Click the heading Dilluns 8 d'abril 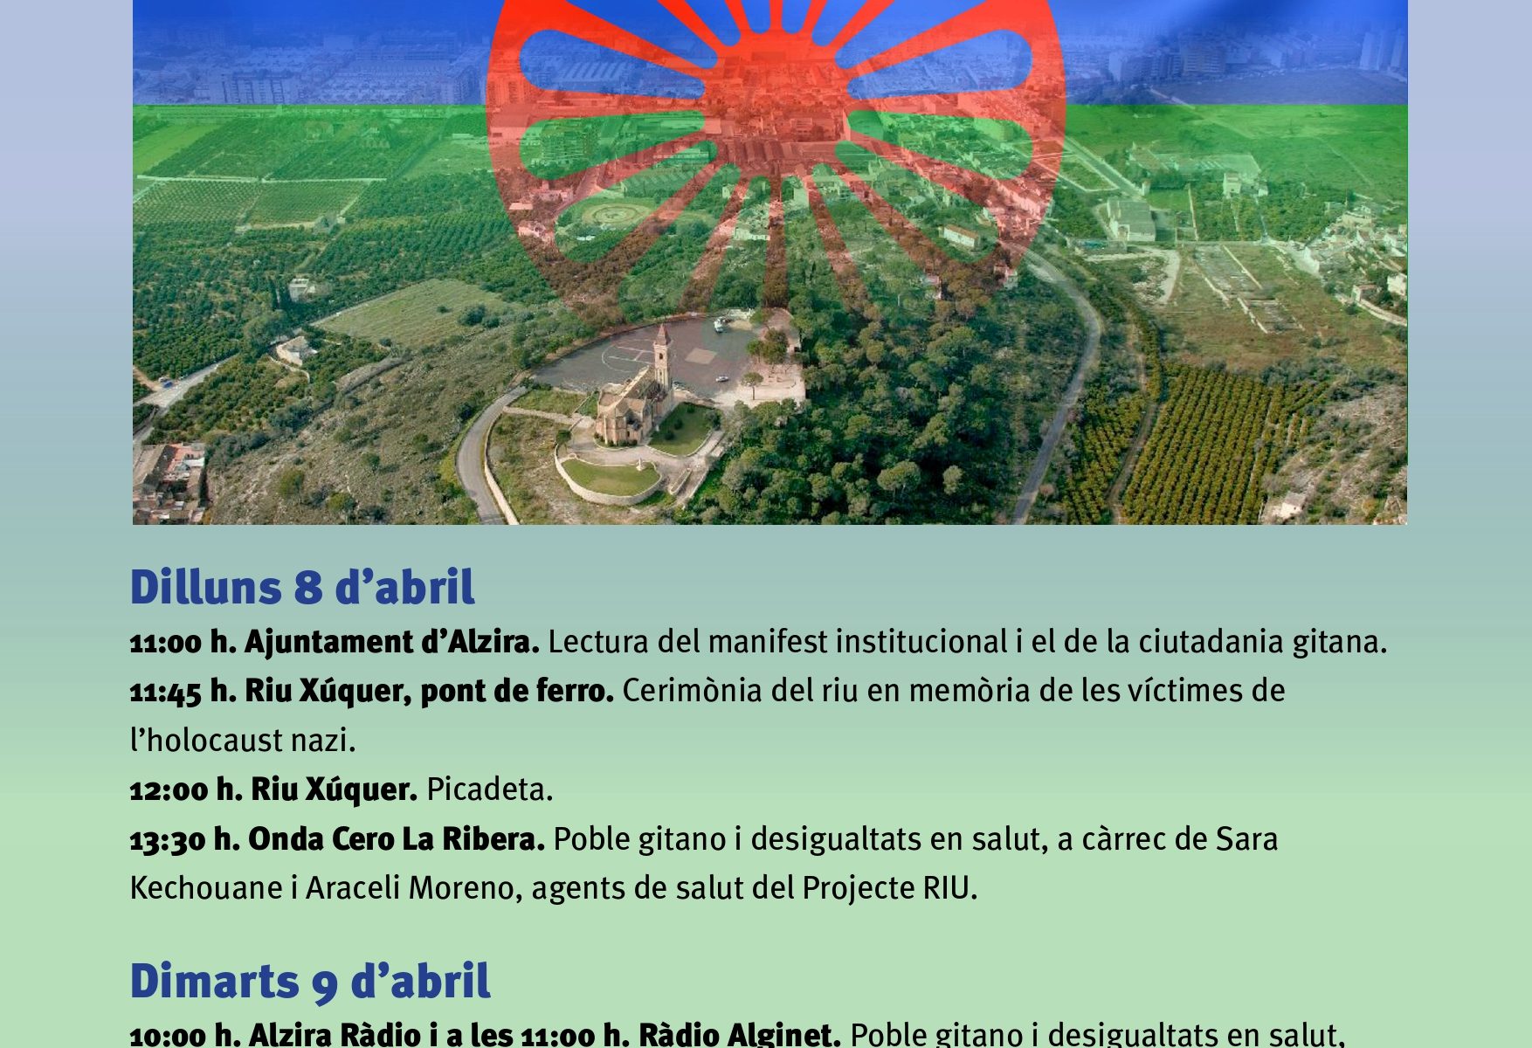[x=302, y=587]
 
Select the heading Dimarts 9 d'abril [x=310, y=981]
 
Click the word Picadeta [x=489, y=790]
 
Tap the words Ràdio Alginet [x=739, y=1035]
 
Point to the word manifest [x=768, y=643]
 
